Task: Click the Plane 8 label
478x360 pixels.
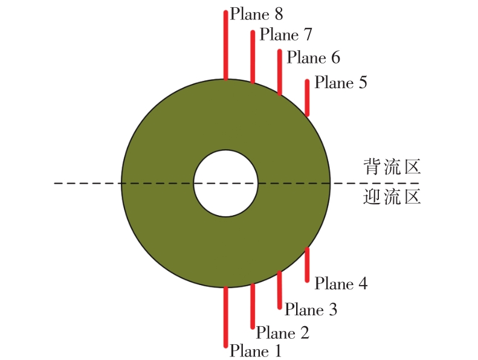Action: pos(256,14)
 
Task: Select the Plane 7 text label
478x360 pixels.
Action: pos(286,34)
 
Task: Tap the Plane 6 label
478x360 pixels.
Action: pos(314,57)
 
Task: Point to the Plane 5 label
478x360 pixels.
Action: pos(341,83)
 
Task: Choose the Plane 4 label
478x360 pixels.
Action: pos(341,284)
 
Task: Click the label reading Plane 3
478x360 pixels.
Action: pos(311,310)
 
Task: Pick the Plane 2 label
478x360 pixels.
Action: pos(283,333)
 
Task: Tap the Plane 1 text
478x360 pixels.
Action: pos(255,351)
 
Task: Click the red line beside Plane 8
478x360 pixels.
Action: pos(225,45)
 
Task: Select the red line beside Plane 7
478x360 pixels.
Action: pos(253,56)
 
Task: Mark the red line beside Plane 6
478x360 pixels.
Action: pos(280,72)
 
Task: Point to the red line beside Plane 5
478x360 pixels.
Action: pos(307,98)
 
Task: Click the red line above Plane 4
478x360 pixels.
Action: pos(307,265)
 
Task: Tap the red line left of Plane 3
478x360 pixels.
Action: pos(280,290)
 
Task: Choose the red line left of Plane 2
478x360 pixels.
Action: pos(253,306)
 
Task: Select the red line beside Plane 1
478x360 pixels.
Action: pos(225,317)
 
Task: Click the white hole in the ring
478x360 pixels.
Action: pos(226,183)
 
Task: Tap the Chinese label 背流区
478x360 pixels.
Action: pos(392,167)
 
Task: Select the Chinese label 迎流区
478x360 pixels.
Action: pos(392,197)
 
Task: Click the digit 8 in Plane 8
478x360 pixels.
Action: pos(279,14)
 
